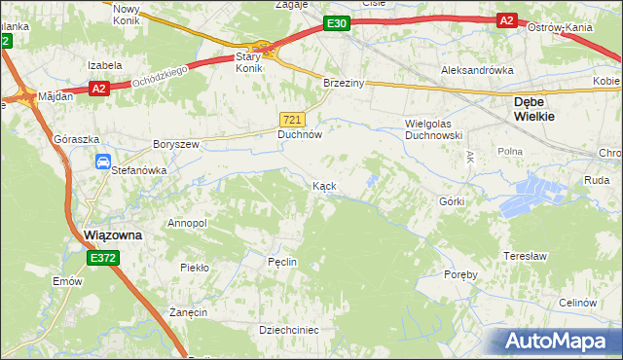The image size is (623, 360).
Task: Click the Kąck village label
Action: [x=325, y=185]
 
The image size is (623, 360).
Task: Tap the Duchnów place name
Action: [x=300, y=136]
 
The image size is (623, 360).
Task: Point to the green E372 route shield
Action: [x=103, y=258]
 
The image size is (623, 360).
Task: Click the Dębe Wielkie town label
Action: [x=534, y=107]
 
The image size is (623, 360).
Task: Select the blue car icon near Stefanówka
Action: [x=102, y=162]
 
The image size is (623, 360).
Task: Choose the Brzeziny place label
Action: [x=344, y=84]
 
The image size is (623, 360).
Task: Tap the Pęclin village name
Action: [x=281, y=263]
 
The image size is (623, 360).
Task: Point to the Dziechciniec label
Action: [x=289, y=330]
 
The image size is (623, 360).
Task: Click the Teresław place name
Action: [x=522, y=256]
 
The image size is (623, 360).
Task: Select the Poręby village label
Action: [x=460, y=274]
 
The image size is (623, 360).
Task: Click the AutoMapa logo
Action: [x=556, y=341]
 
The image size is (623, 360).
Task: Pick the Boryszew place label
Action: [x=176, y=144]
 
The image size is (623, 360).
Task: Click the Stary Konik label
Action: [x=250, y=63]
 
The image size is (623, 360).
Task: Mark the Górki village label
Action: [x=452, y=201]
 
